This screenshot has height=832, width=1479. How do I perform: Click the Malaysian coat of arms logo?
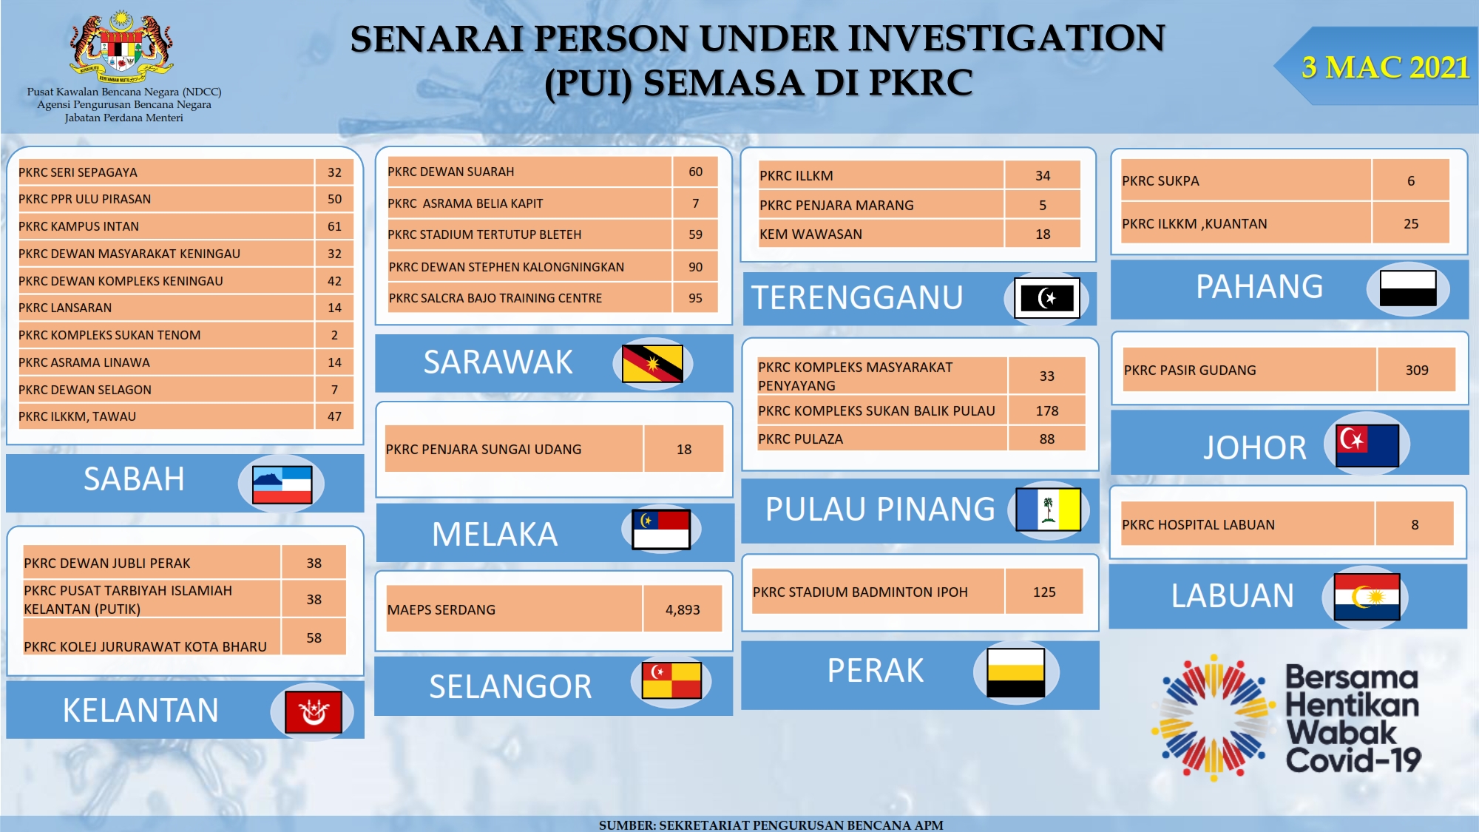point(122,47)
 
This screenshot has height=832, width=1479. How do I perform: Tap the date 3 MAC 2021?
point(1385,67)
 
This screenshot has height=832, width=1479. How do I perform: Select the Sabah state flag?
point(282,484)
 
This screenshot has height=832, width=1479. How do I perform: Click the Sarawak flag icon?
point(652,363)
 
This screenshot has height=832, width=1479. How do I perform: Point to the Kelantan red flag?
point(314,712)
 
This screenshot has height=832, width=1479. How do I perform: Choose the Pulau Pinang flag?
point(1048,510)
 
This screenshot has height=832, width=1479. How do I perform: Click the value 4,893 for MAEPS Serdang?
point(683,609)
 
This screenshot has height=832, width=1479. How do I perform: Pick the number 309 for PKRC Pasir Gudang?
point(1417,370)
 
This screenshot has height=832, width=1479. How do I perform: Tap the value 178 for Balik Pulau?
point(1047,410)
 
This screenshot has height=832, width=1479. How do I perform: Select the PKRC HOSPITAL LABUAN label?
point(1198,524)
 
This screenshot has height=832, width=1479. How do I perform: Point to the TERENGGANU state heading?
point(857,298)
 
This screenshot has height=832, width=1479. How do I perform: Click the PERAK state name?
point(876,671)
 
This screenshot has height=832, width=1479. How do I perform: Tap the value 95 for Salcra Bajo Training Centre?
point(695,298)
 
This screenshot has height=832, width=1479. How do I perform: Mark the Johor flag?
point(1367,445)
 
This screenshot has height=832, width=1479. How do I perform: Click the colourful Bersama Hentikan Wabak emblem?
point(1214,717)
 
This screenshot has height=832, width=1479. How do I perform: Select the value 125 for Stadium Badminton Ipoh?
point(1044,592)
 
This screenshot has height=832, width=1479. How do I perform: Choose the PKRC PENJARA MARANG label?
point(836,205)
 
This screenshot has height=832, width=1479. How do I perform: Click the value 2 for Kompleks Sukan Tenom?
point(334,335)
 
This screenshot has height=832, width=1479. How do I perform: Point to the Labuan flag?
point(1367,596)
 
